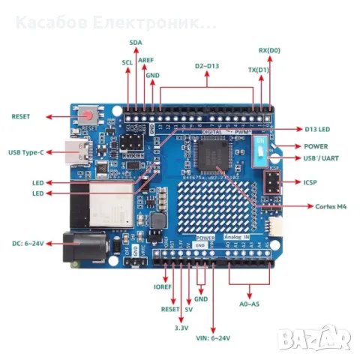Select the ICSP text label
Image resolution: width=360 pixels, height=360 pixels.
pos(310,181)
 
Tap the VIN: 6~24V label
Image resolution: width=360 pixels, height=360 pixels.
pos(214,338)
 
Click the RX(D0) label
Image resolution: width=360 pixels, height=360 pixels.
pos(269,50)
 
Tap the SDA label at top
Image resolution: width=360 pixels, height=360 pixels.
pos(135,43)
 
